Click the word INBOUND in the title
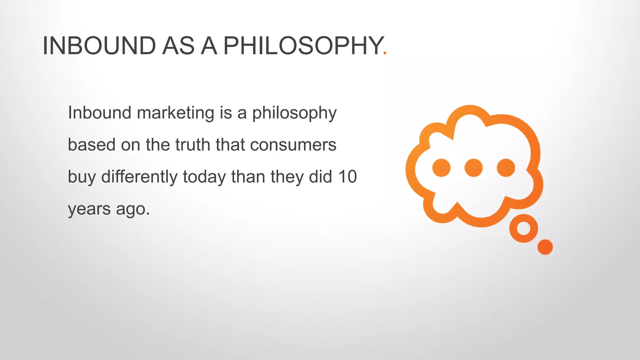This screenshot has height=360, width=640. pos(99,46)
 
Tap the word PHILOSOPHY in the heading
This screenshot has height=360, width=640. pos(303,46)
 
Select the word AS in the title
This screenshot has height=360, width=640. pos(178,46)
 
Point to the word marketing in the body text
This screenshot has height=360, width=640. pos(175,113)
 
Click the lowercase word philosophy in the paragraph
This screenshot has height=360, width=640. pos(294,113)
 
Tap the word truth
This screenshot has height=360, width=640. pos(192,145)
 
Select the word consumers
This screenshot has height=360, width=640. pos(293,145)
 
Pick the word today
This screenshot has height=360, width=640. pos(204,177)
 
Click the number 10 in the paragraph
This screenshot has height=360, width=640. pos(347,177)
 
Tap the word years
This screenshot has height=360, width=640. pos(89,209)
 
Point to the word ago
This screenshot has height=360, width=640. pos(133,209)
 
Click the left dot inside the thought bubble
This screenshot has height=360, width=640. pos(441,168)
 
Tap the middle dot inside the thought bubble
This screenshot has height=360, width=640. pos(473,168)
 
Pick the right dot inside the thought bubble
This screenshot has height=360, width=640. pos(506,168)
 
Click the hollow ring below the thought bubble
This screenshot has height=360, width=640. pos(523,228)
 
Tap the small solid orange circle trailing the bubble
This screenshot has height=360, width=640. pos(545,247)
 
